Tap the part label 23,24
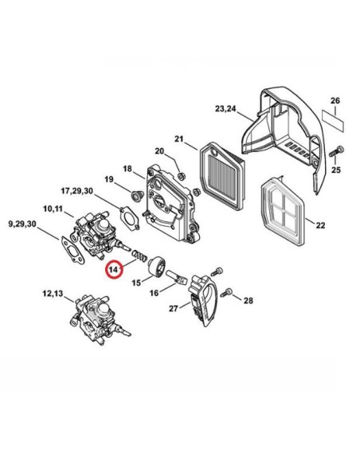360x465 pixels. [225, 109]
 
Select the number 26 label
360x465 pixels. [335, 101]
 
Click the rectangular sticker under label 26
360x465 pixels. [333, 120]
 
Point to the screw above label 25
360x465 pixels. [336, 151]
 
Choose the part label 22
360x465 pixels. [320, 225]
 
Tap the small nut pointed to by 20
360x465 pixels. [180, 175]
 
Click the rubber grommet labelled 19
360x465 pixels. [137, 195]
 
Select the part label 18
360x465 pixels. [127, 169]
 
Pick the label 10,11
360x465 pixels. [53, 209]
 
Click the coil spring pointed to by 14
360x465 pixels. [139, 256]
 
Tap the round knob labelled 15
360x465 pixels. [158, 266]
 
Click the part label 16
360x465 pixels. [154, 293]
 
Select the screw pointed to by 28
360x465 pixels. [229, 292]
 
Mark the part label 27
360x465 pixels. [174, 308]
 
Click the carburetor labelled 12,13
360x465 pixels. [100, 319]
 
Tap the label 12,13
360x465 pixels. [53, 293]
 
